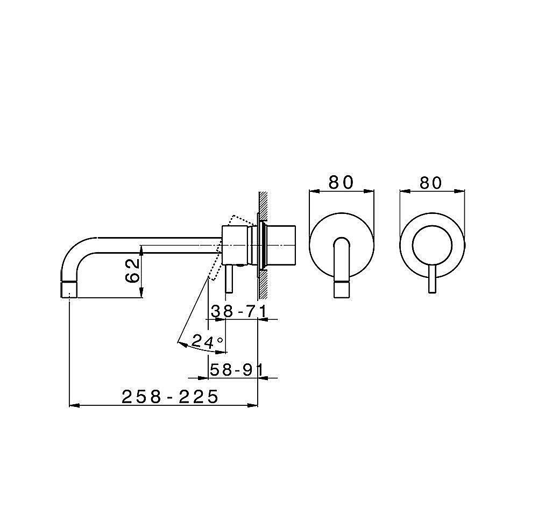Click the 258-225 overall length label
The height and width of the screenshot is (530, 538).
point(170,397)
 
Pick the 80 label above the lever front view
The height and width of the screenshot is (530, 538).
point(431,183)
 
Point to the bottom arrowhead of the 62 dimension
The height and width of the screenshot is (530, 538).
point(141,292)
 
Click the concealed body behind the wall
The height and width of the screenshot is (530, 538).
point(281,245)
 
